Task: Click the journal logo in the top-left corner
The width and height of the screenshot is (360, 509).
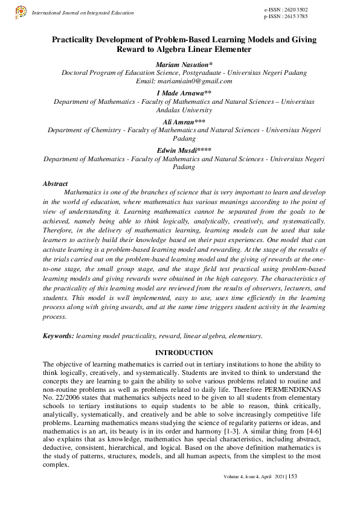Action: point(20,11)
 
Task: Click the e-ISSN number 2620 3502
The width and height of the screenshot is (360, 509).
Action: point(295,11)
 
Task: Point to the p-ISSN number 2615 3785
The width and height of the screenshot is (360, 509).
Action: point(295,18)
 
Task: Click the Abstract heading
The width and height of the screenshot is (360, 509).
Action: point(55,183)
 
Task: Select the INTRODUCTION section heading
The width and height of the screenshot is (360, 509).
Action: point(184,353)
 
